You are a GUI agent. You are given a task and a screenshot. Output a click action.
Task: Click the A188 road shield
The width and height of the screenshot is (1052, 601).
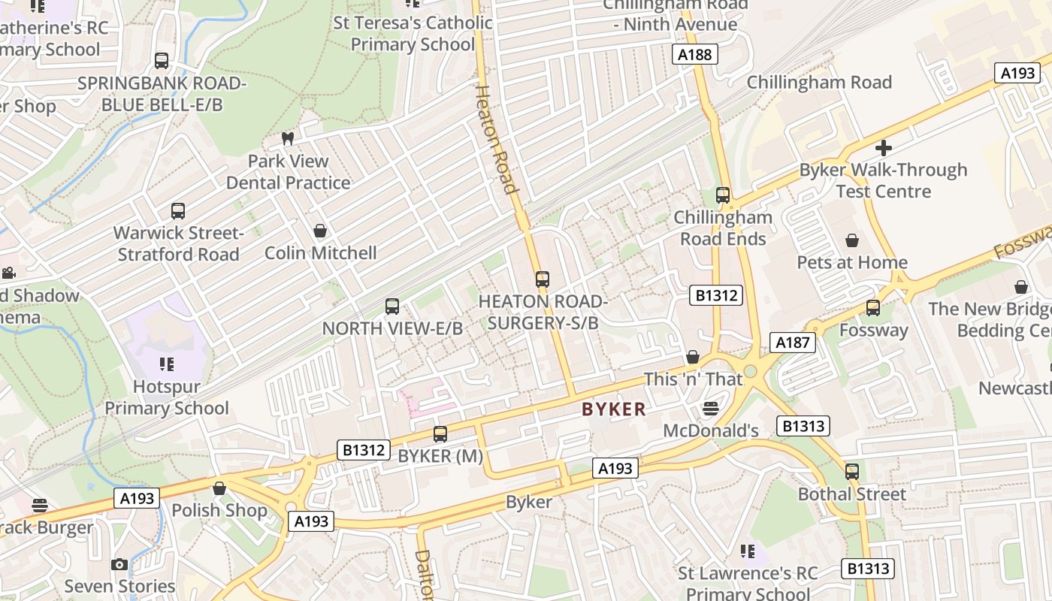[x=694, y=54]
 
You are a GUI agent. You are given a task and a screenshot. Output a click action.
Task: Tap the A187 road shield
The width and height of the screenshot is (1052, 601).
[x=792, y=343]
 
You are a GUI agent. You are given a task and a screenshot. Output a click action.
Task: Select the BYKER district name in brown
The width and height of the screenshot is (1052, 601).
[x=613, y=409]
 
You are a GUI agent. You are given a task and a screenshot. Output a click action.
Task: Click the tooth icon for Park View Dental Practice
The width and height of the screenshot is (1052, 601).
[x=287, y=138]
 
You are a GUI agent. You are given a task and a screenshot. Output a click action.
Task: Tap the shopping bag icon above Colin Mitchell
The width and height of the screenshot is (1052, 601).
[x=320, y=231]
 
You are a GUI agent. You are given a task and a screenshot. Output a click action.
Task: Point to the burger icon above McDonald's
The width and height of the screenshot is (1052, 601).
[x=710, y=409]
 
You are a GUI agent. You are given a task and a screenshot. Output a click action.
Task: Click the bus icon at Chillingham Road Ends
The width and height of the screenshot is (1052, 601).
[x=723, y=195]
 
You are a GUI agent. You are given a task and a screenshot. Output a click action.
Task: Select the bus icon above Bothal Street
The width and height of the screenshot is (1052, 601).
[x=851, y=472]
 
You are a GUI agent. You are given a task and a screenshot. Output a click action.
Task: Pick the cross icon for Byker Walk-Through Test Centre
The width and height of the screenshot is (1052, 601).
[x=884, y=147]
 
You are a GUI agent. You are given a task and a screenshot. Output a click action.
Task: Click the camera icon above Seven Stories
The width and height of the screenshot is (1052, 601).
[x=119, y=564]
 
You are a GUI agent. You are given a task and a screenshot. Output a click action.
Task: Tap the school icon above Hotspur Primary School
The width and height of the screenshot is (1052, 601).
[x=166, y=364]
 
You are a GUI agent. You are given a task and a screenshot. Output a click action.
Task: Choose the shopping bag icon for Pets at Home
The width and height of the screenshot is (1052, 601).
[x=852, y=240]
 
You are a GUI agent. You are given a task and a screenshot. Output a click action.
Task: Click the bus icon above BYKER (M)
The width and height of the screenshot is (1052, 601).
[x=440, y=434]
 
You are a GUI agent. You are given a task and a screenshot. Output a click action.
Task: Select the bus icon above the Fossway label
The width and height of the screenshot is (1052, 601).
[x=872, y=308]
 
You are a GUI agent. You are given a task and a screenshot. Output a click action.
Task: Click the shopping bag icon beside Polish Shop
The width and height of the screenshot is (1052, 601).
[x=219, y=489]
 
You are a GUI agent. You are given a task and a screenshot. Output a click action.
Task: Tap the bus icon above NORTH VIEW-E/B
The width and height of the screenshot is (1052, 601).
[x=391, y=307]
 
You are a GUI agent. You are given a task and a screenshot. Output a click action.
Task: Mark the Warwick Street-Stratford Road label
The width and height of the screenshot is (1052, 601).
[x=178, y=243]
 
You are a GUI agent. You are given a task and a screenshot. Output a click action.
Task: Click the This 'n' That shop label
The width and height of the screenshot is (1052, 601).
[x=693, y=379]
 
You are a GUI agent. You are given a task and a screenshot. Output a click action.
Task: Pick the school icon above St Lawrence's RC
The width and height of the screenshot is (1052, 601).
[x=747, y=551]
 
